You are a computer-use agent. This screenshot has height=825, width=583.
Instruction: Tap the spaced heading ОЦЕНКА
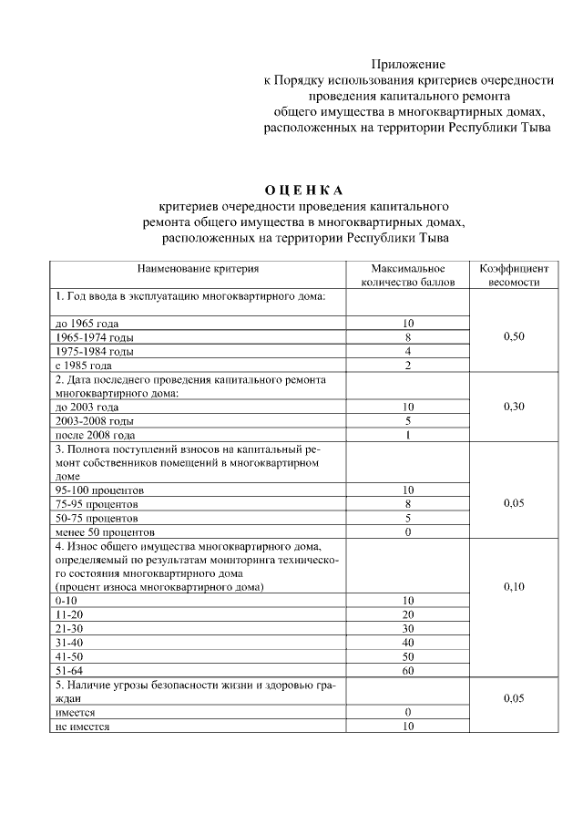tap(304, 190)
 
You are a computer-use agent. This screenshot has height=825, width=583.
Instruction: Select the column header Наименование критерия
tap(198, 269)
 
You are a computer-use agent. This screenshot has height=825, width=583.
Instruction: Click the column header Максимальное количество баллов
tap(407, 275)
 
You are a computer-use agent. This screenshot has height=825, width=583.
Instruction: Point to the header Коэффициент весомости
tap(514, 275)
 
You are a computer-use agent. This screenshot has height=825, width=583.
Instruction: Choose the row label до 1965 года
tap(87, 324)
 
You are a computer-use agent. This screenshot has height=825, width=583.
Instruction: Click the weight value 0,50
tap(514, 336)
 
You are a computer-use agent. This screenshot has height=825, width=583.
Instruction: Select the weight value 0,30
tap(514, 407)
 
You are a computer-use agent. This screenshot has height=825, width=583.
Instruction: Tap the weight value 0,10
tap(514, 587)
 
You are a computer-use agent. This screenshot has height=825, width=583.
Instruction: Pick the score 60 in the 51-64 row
tap(407, 671)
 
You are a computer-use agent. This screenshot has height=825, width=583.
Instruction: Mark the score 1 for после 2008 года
tap(407, 435)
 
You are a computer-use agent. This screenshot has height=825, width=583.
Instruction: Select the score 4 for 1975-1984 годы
tap(407, 351)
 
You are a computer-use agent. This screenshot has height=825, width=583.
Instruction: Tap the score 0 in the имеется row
tap(407, 712)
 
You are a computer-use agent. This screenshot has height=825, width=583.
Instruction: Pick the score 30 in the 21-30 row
tap(407, 629)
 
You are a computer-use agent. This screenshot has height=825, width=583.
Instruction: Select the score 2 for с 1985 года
tap(407, 366)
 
